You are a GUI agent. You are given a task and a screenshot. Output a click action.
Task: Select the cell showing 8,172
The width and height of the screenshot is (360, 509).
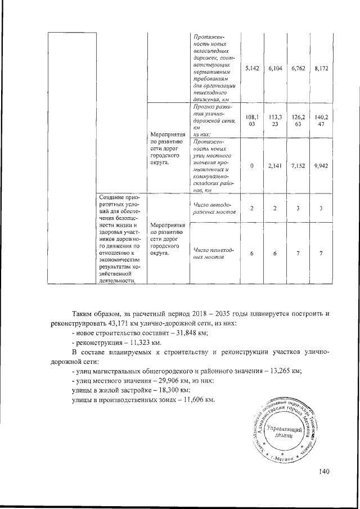coord(321,67)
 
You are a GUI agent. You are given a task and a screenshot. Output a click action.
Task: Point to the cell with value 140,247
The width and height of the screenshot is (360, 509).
coord(321,121)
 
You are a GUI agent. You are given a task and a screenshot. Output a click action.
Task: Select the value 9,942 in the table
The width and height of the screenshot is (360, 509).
coord(321,166)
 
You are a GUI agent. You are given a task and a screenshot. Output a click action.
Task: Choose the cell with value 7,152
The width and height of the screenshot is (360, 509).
coord(298,166)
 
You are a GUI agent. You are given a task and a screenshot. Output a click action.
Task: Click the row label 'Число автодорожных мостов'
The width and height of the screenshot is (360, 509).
coord(212,208)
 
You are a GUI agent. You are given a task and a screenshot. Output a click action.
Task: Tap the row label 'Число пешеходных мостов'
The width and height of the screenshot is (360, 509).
coord(212,253)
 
